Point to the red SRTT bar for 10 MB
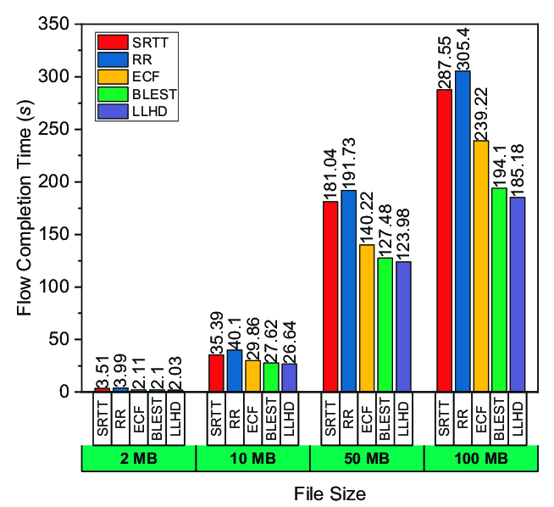[217, 373]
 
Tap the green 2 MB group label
[138, 459]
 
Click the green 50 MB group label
[367, 459]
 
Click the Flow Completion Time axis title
[25, 217]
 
